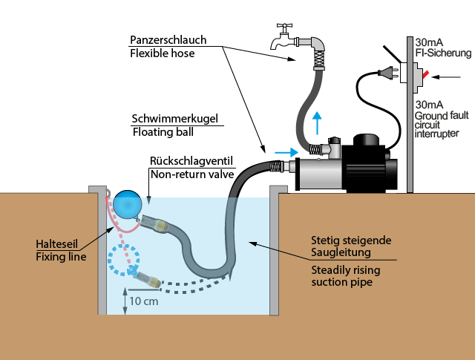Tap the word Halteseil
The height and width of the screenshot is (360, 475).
(56, 243)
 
